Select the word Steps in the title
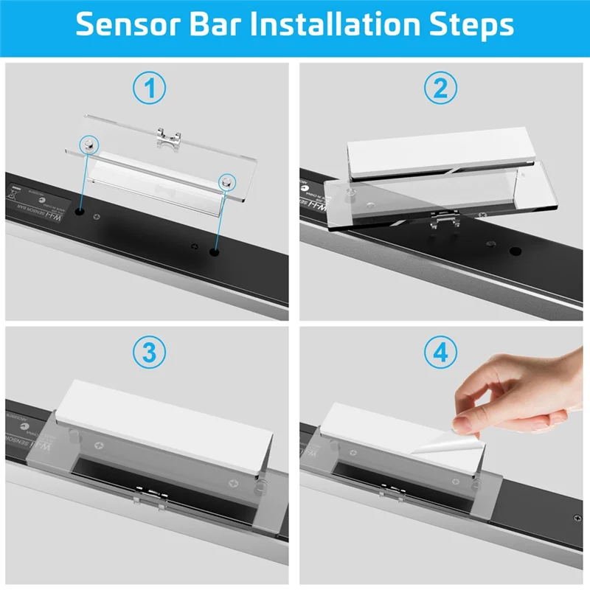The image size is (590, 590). pos(472,24)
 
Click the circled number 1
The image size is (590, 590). pos(150,89)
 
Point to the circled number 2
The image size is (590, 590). pos(440,89)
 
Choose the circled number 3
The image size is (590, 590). pos(150,352)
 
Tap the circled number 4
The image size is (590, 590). pos(440,352)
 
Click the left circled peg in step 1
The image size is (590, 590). pos(88,145)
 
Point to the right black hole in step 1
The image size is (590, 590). pos(214,252)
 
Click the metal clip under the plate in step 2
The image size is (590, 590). pos(442,218)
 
